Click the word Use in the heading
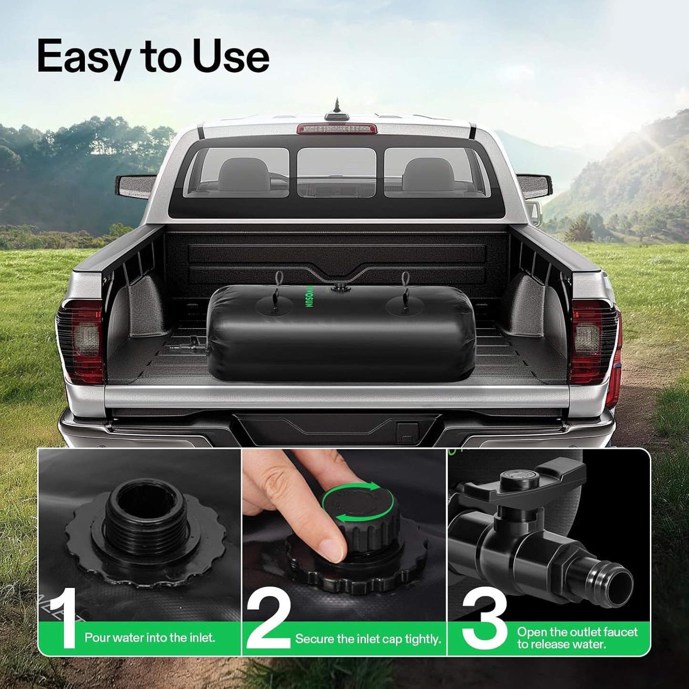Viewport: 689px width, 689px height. click(x=231, y=56)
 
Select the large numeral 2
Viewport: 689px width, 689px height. click(x=268, y=618)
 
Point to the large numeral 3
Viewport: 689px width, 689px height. click(x=484, y=618)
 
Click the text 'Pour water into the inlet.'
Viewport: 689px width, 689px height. click(x=150, y=638)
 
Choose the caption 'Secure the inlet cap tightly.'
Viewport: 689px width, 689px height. click(x=368, y=639)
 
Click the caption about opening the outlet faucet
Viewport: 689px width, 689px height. click(x=577, y=638)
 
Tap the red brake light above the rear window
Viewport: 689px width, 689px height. click(x=337, y=129)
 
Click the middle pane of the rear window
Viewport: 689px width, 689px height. click(x=337, y=172)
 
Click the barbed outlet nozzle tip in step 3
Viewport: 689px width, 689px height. click(x=618, y=579)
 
